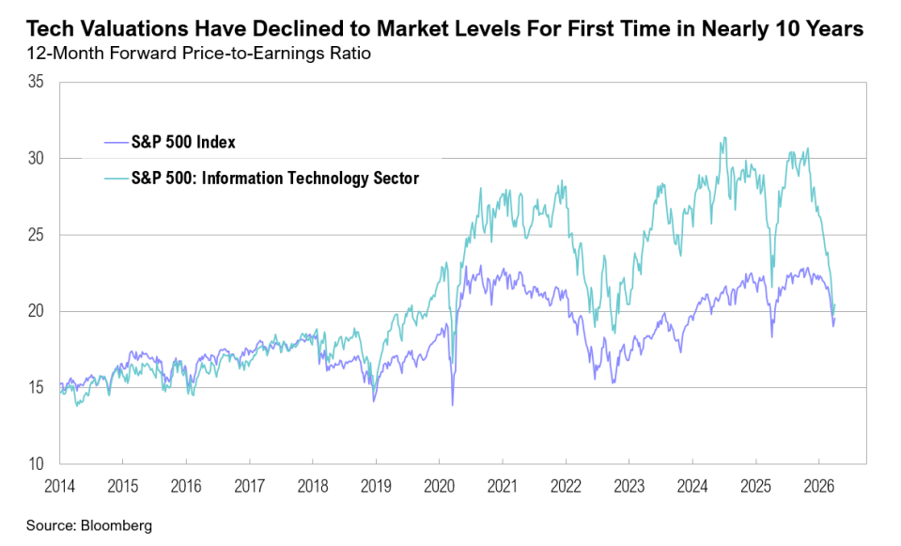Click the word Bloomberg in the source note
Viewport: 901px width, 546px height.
point(119,525)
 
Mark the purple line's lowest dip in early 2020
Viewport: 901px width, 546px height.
point(452,405)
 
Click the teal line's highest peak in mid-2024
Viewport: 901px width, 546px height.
point(722,138)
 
